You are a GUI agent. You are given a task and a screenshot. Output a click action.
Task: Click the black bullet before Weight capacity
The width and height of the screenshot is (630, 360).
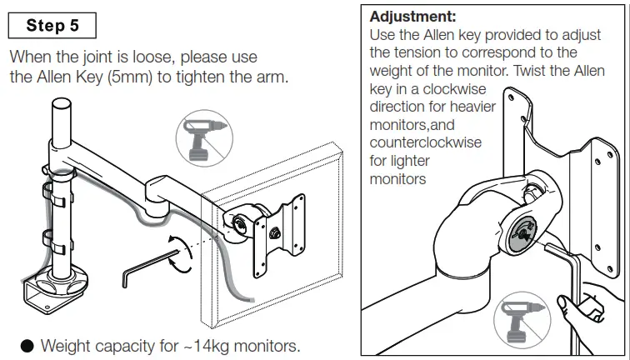pos(27,345)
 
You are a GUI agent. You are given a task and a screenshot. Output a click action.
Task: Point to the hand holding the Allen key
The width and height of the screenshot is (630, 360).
pos(592,312)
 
